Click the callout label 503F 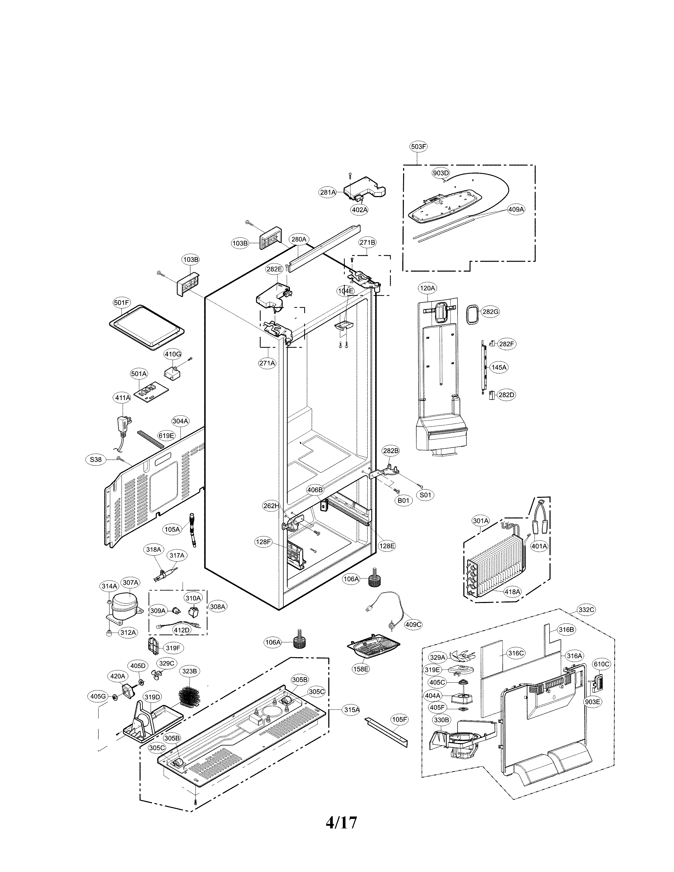(x=418, y=147)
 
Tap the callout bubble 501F (x=121, y=303)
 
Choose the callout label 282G (x=490, y=312)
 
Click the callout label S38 (x=95, y=460)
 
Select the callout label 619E (x=166, y=435)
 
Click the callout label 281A (x=328, y=192)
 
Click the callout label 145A (x=499, y=367)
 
